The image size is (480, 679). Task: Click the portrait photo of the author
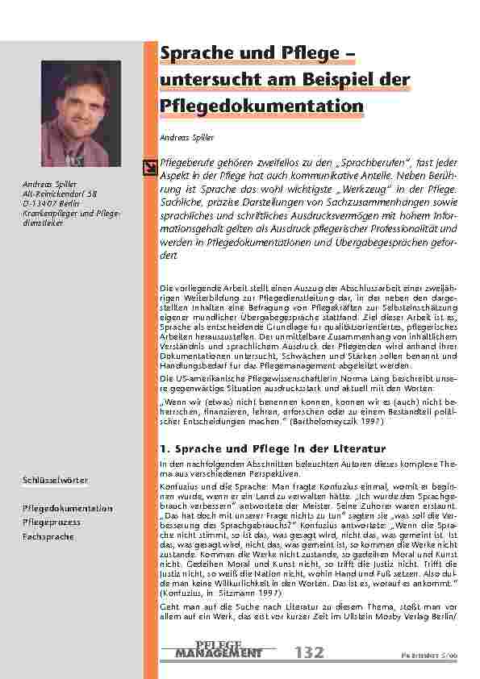click(x=81, y=112)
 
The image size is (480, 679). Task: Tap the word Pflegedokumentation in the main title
click(x=261, y=106)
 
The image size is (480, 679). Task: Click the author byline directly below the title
click(x=186, y=138)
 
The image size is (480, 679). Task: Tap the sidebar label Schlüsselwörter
click(x=55, y=481)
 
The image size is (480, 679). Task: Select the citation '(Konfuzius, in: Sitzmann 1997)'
click(x=219, y=592)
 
